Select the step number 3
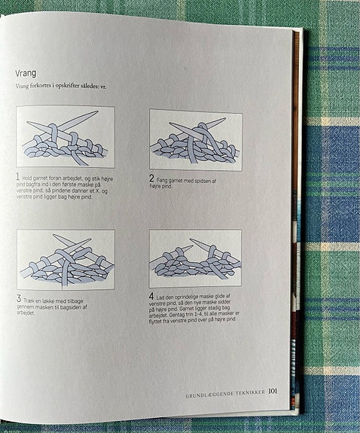[x=20, y=299]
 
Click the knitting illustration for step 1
[x=66, y=136]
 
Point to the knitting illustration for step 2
[x=196, y=139]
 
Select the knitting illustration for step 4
[x=196, y=258]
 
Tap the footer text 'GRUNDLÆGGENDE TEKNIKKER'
[x=225, y=392]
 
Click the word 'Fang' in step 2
[x=165, y=180]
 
